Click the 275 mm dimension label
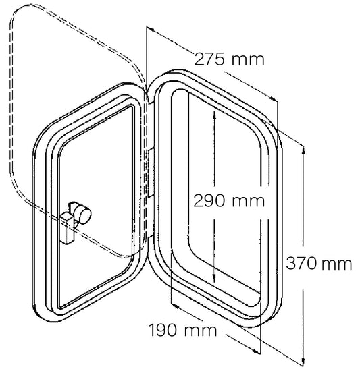230,59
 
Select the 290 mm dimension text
229,201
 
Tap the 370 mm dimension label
319,264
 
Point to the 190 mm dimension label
183,330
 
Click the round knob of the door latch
84,213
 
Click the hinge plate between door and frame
151,172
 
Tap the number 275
209,59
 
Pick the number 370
301,264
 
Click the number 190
163,330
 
